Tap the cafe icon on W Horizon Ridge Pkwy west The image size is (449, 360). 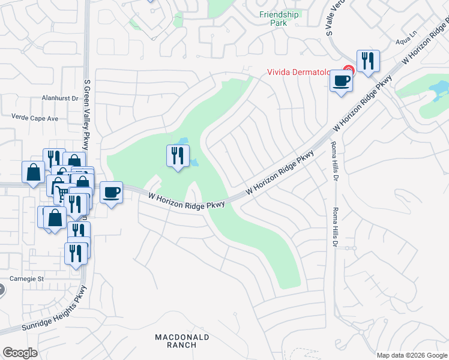[x=111, y=192]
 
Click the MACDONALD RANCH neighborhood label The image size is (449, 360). [x=182, y=341]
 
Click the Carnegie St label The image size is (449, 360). [x=28, y=278]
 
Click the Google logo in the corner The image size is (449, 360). [x=20, y=353]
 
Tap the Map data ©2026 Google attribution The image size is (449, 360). [x=412, y=355]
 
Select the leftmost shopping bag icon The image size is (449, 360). [x=33, y=172]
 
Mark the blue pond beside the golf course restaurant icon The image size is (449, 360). [x=196, y=162]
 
